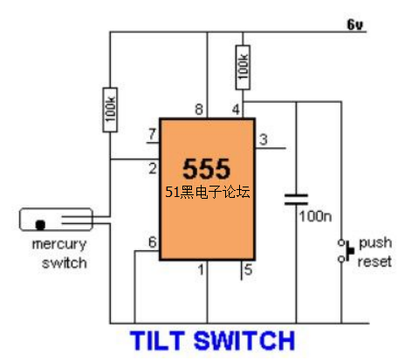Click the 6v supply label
point(355,24)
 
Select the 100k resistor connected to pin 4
point(243,67)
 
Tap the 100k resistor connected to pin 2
point(110,110)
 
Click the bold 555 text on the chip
point(207,168)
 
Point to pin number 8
point(199,110)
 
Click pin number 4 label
point(236,110)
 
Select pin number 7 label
point(152,134)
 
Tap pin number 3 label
point(264,139)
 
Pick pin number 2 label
point(153,169)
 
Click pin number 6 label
point(153,242)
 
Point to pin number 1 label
point(201,270)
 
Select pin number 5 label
point(248,270)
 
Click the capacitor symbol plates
point(296,200)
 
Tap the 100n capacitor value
point(316,217)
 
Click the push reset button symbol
point(346,250)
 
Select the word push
point(375,243)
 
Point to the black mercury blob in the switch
point(40,225)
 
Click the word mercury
point(59,245)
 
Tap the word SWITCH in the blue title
point(244,341)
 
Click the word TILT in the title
point(157,341)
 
